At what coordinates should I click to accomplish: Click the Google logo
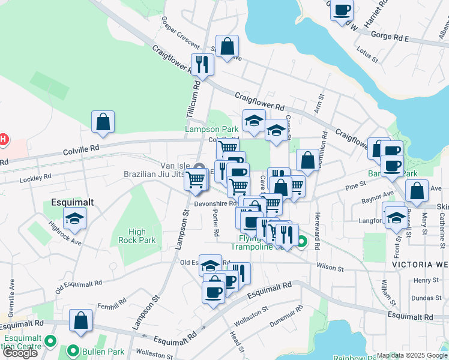pos(20,352)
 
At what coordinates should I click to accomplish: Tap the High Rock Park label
pos(137,236)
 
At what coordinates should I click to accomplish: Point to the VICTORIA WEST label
pos(420,264)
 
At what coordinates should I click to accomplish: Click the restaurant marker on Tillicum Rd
pos(202,64)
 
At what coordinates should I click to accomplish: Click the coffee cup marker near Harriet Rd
pos(342,10)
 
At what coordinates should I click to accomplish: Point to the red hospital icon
pos(3,140)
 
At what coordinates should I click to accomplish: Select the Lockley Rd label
pos(35,178)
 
